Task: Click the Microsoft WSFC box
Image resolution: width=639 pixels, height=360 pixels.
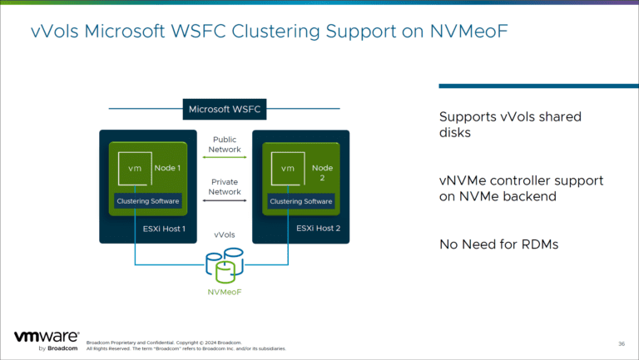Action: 220,110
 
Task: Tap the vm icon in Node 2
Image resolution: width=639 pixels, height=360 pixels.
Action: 287,168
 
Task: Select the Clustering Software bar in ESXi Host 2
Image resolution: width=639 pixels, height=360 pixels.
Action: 300,201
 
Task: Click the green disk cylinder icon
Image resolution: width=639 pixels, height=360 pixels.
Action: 222,271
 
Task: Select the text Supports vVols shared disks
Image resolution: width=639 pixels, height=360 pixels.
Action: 509,125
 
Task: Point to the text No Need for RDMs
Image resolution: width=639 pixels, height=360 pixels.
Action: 498,244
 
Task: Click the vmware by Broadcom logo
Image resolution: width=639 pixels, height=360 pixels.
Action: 47,341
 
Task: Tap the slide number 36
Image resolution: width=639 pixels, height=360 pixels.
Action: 622,343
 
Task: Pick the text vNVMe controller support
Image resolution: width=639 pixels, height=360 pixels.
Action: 521,180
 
